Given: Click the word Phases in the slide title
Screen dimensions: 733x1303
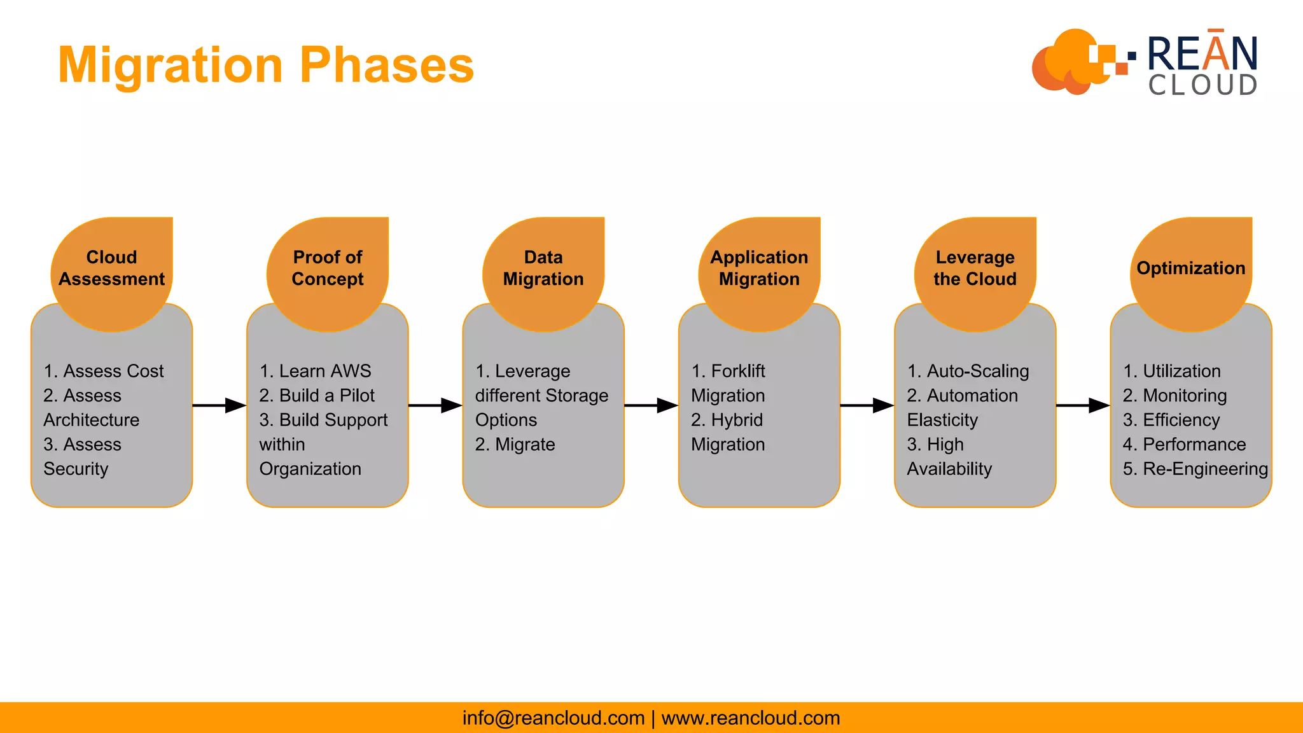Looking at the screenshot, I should (387, 66).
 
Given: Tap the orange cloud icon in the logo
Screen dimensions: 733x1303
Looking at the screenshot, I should (1069, 62).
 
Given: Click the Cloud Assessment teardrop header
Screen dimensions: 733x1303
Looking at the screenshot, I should (111, 269).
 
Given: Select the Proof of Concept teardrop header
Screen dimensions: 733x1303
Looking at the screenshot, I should (327, 269).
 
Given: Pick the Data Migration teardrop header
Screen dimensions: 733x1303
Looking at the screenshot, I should (543, 269).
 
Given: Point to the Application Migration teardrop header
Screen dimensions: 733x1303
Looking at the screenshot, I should (759, 269).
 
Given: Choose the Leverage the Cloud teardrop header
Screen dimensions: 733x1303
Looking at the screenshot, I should (975, 269).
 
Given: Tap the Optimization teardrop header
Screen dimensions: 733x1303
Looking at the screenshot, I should (1190, 269).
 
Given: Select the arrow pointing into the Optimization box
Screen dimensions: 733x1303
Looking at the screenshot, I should (1083, 405).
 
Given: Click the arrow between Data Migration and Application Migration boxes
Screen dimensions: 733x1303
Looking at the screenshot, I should (651, 405).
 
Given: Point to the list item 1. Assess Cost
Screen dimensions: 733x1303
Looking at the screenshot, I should (104, 371).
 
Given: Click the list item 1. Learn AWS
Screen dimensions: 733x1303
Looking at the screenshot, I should (316, 371).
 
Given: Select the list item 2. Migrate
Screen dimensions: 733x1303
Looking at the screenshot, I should (515, 444).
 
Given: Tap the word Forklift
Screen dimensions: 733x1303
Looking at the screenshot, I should (738, 371).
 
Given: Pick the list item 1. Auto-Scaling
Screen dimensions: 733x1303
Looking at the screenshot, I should (968, 371).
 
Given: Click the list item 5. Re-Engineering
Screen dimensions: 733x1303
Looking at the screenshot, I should (1195, 469).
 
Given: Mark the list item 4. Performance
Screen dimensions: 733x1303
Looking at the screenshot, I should (1184, 444).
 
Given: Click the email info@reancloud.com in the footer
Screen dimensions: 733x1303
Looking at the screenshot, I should (554, 718).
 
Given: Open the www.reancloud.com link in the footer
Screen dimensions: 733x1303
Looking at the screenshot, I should (751, 718).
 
